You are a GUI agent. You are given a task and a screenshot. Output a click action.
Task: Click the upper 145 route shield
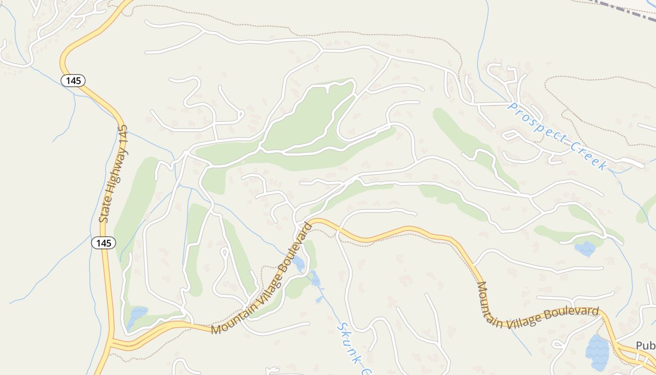pyautogui.click(x=74, y=81)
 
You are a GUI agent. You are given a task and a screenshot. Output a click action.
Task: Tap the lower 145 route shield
pyautogui.click(x=103, y=243)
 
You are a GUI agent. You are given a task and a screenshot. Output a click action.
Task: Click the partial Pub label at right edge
pyautogui.click(x=645, y=345)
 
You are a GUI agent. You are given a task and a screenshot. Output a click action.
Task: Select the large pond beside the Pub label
pyautogui.click(x=597, y=352)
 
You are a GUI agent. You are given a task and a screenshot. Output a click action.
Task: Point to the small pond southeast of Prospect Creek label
pyautogui.click(x=585, y=248)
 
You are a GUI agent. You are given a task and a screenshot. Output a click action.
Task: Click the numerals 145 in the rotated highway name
pyautogui.click(x=123, y=135)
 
